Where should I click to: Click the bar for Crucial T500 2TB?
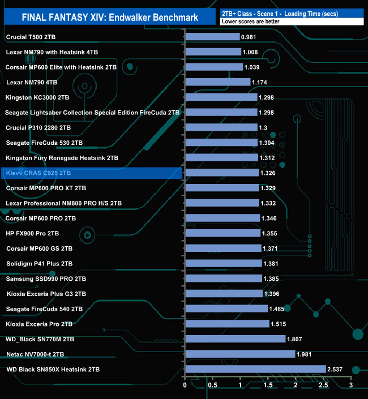tap(212, 37)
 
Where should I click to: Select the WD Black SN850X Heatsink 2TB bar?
tap(255, 370)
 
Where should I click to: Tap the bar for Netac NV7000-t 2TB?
tap(240, 354)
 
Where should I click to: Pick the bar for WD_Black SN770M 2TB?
tap(235, 339)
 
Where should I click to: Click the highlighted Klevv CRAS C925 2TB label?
tap(38, 173)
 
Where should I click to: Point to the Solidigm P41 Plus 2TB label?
tap(39, 264)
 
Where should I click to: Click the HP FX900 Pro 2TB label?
tap(32, 233)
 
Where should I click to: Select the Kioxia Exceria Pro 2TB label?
tap(39, 324)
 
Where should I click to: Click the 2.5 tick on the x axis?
tap(323, 385)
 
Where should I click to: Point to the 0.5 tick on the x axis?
tap(212, 385)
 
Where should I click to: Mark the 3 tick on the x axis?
tap(351, 385)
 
